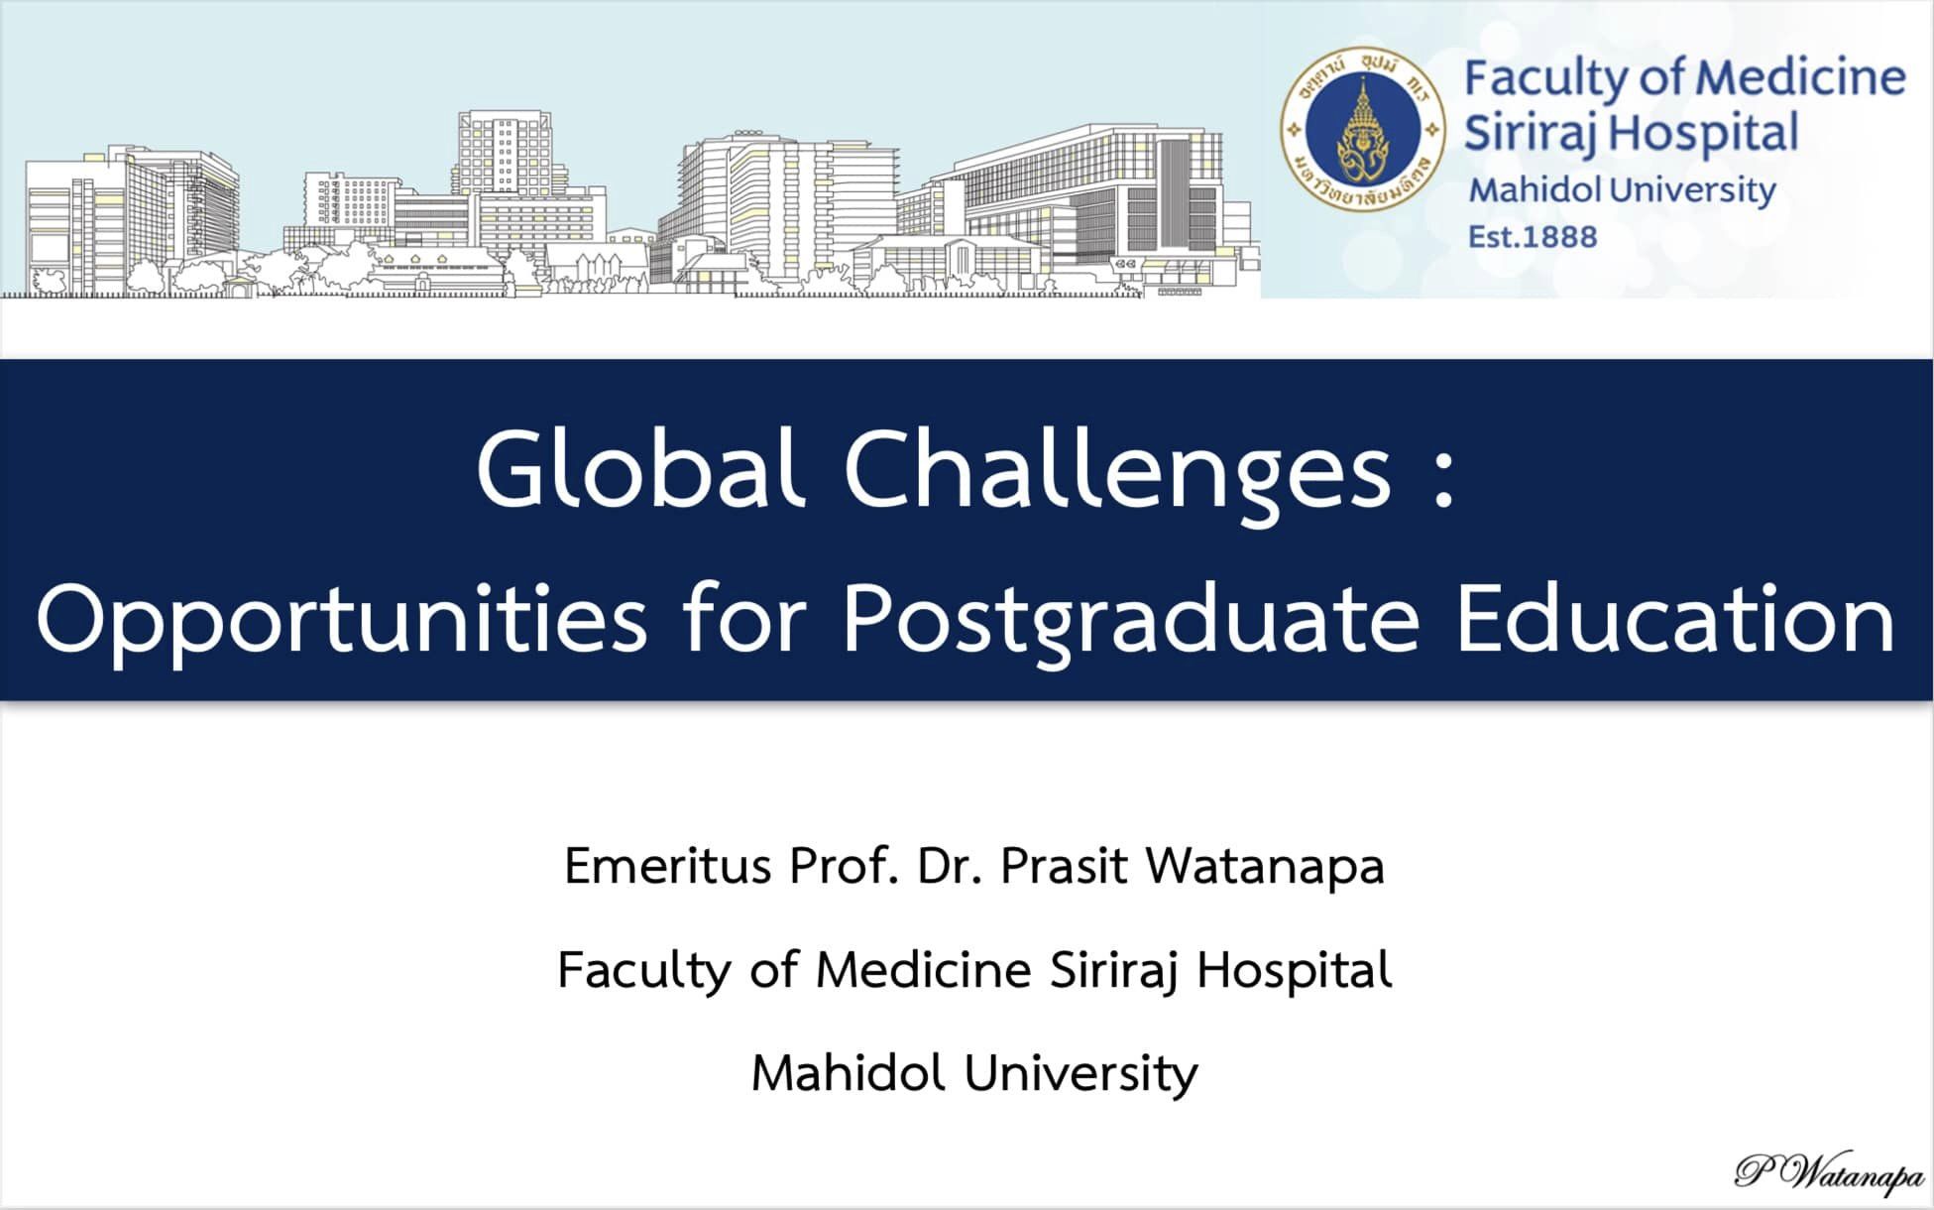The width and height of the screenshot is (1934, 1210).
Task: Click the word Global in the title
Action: (638, 467)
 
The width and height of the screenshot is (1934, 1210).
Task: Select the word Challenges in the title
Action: (1118, 472)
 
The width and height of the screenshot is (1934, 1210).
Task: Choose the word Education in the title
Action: (1675, 617)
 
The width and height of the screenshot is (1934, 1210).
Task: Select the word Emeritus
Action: (667, 865)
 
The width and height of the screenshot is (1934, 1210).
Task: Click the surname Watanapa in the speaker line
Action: (1265, 865)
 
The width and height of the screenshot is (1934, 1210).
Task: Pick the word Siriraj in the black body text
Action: (1113, 970)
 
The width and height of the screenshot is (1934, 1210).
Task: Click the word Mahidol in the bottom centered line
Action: (848, 1072)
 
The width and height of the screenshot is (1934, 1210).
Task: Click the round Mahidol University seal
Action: (1363, 129)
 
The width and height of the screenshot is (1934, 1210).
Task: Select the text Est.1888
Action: (1533, 237)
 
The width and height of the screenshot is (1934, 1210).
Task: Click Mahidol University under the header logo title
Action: (1622, 190)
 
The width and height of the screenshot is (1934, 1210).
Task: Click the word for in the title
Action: (743, 617)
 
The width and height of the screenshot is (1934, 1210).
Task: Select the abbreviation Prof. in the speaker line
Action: (844, 865)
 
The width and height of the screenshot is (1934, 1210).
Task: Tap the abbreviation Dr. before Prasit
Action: (950, 865)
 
